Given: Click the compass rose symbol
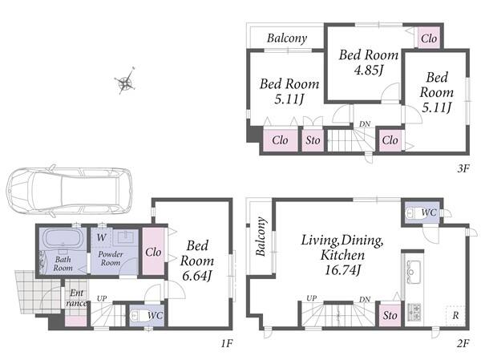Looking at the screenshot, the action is pos(125,82).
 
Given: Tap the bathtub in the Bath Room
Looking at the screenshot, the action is pos(63,238).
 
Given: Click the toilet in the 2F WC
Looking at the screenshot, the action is pos(412,212).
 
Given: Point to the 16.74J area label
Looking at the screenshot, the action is pos(342,270).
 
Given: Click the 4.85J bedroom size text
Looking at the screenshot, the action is pos(368,71).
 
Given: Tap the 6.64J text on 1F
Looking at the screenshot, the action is pos(196,276).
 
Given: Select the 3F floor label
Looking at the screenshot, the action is pos(463,168).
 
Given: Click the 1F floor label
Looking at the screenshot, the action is pos(228,343).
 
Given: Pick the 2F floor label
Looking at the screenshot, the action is pos(463,343).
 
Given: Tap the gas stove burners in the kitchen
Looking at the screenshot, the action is pos(414,312).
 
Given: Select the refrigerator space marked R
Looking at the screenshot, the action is pos(456,315).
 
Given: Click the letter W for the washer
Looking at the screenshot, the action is pos(102,237).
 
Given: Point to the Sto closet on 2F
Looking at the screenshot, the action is pos(390,315).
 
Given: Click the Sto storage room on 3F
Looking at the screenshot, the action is pos(313,140).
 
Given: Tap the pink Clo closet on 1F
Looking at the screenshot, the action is pos(153,251).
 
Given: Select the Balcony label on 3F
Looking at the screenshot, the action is pos(287,38).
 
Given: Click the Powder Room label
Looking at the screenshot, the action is pos(111,258).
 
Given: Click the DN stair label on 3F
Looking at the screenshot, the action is pos(365,124).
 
